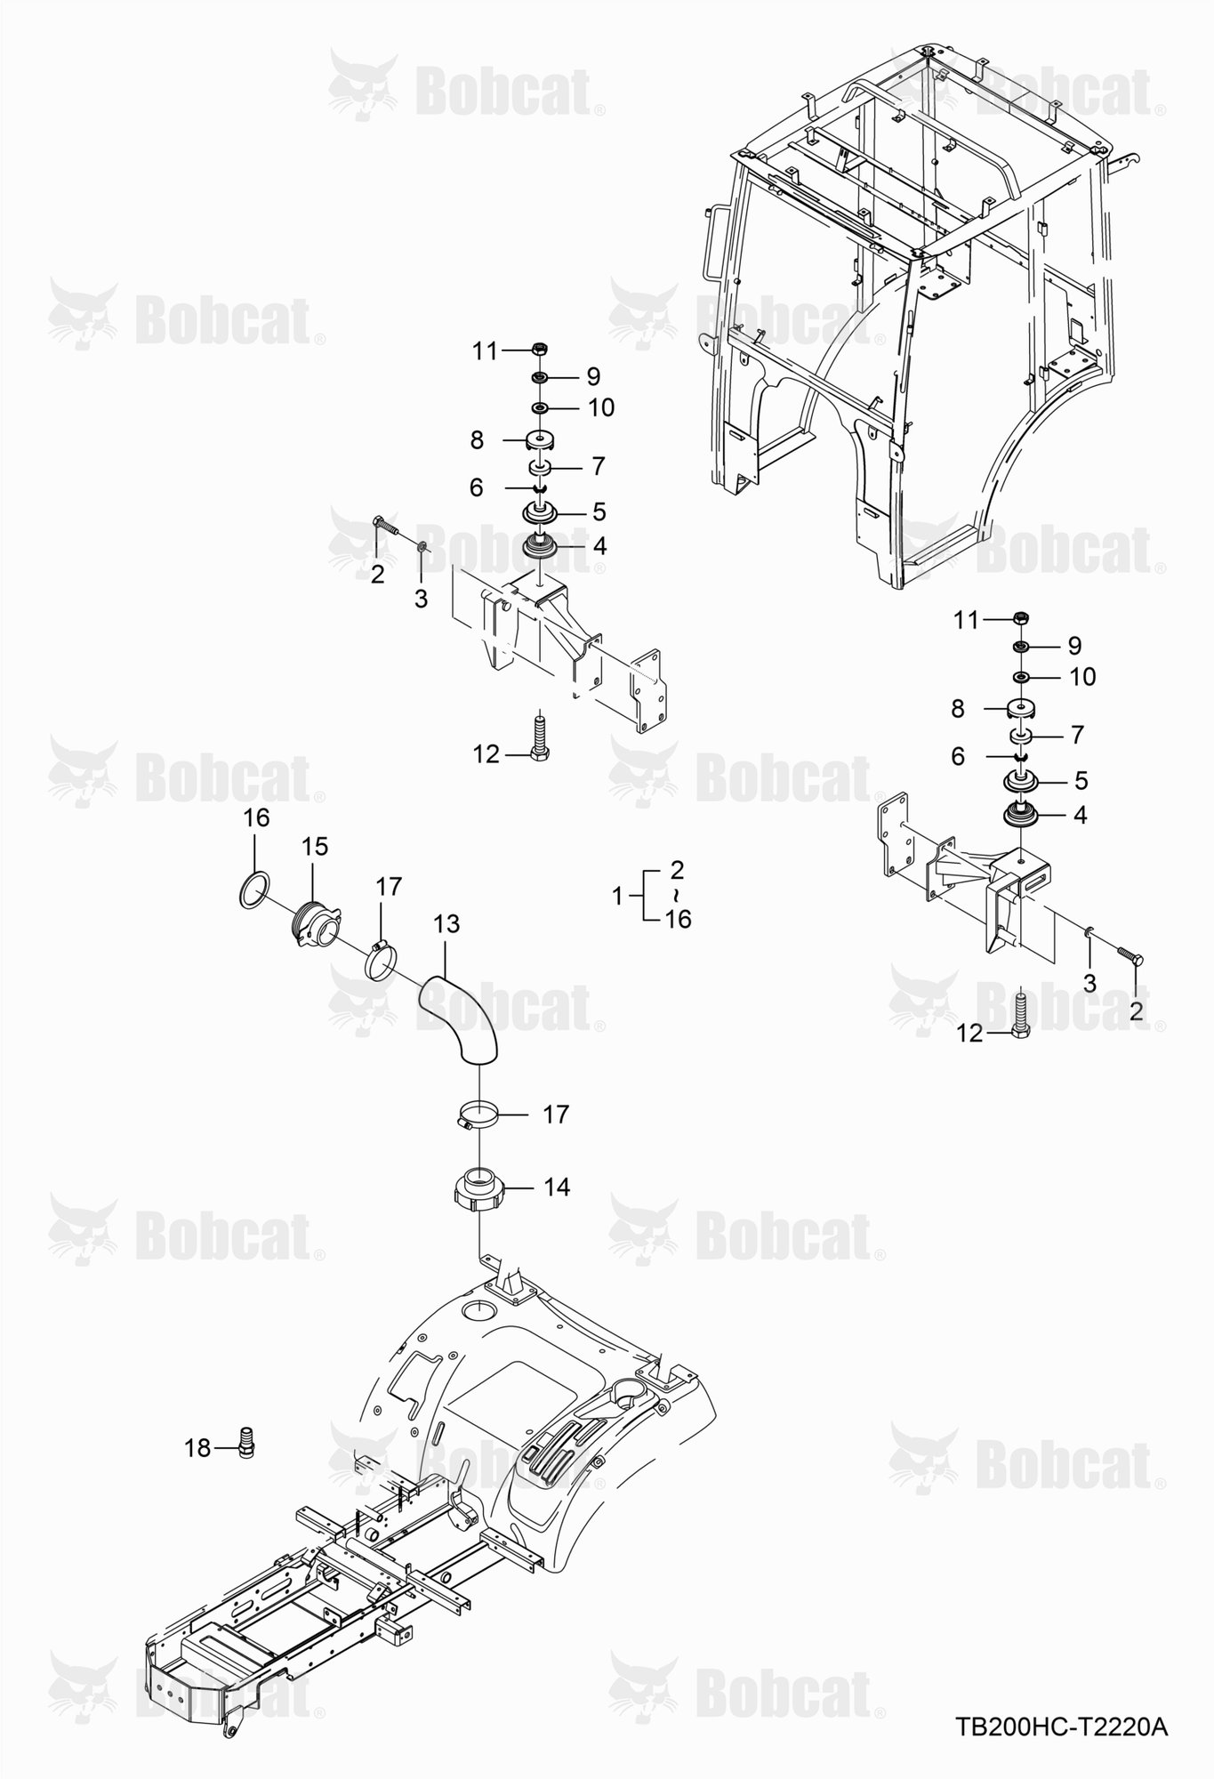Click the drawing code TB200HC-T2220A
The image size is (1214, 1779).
click(x=1060, y=1727)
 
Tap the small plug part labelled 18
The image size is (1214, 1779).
click(x=248, y=1443)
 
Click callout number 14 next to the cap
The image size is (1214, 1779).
click(x=557, y=1187)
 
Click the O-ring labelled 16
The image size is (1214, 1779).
click(x=255, y=889)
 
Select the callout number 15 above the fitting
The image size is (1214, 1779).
click(x=315, y=846)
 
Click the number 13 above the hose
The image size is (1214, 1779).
click(x=446, y=924)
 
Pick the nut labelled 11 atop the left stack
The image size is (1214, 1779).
click(x=539, y=348)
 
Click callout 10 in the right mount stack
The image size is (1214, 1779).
click(x=1082, y=677)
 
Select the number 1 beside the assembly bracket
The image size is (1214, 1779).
click(x=619, y=896)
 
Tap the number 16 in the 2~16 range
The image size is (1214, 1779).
click(x=678, y=919)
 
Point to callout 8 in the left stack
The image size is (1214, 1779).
click(x=477, y=439)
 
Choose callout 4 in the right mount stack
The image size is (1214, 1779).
click(x=1081, y=815)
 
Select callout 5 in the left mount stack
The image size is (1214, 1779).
click(x=599, y=511)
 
